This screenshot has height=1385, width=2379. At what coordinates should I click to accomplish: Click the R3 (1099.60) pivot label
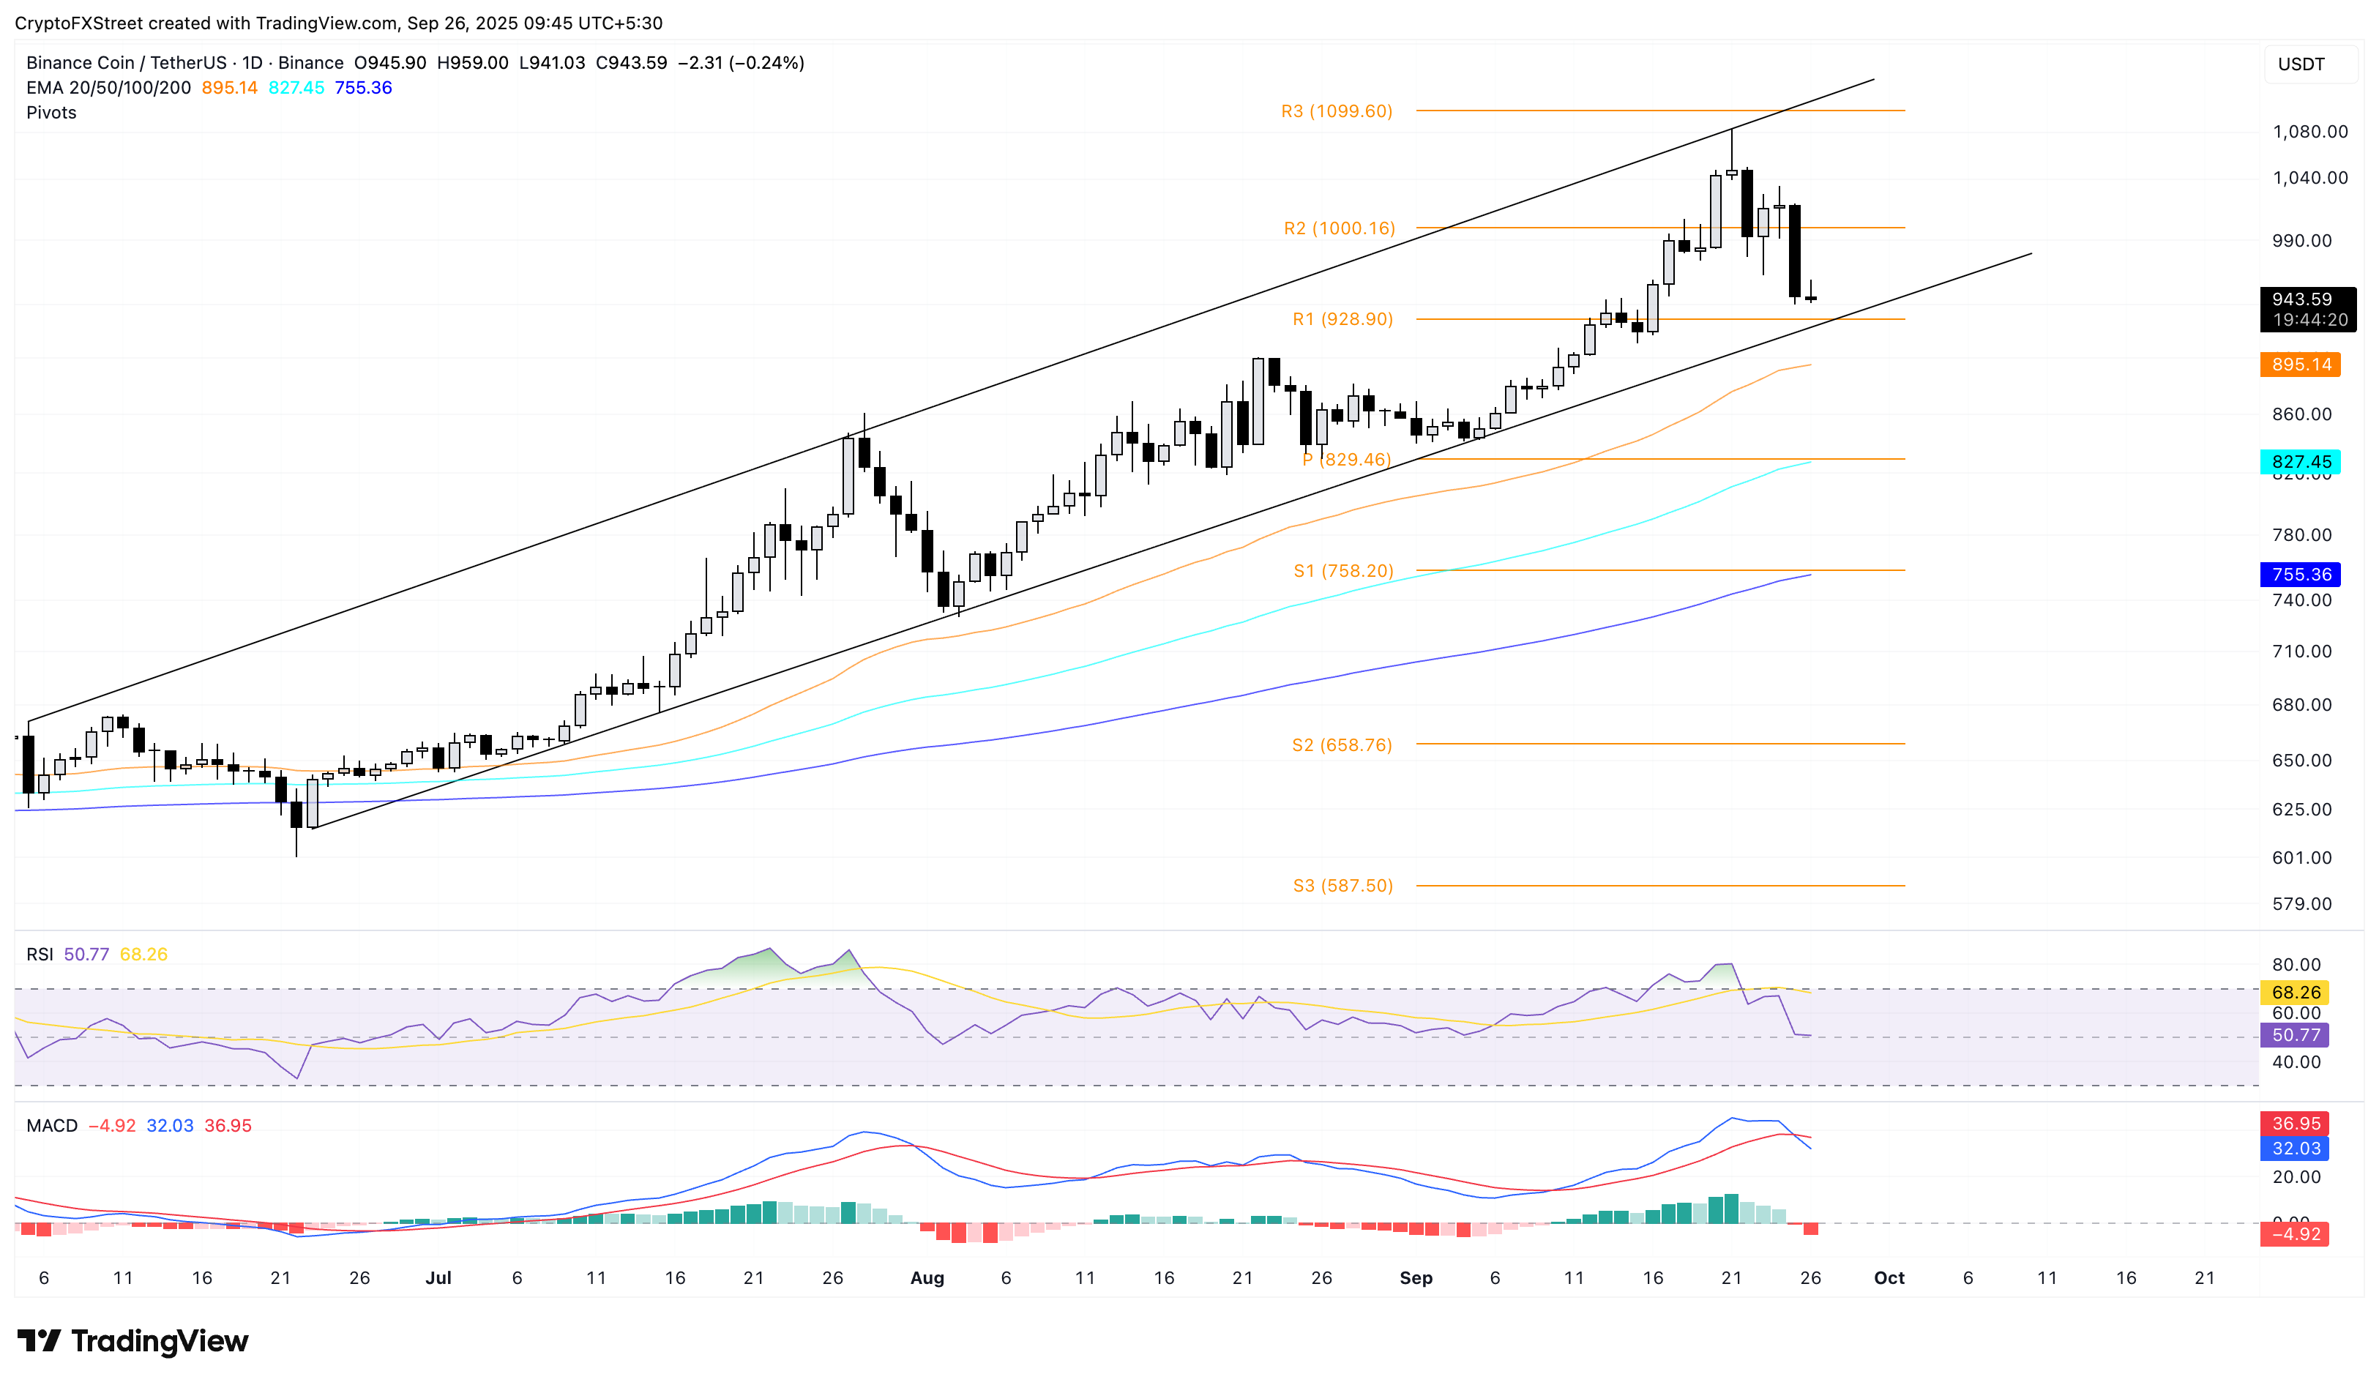click(x=1336, y=111)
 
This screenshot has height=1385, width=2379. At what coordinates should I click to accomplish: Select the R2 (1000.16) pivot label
click(x=1339, y=228)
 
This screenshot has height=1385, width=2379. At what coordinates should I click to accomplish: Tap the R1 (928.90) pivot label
click(x=1342, y=319)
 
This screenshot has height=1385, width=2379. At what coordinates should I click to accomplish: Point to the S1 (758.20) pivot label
click(x=1342, y=571)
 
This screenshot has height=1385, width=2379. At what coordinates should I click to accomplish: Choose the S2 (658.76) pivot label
click(x=1342, y=745)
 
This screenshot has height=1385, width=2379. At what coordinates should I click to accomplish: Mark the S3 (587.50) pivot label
click(x=1342, y=886)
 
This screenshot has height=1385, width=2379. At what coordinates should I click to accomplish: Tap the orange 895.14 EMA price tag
click(x=2300, y=365)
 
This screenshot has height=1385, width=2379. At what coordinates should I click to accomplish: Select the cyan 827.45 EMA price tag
click(x=2300, y=462)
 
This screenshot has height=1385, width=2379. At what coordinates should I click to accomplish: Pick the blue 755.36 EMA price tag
click(x=2300, y=574)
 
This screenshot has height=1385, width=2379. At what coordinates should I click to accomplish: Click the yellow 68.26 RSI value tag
click(x=2295, y=992)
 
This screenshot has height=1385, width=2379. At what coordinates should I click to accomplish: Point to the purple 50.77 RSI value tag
click(x=2295, y=1035)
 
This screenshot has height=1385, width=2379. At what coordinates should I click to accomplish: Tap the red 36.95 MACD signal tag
click(x=2295, y=1124)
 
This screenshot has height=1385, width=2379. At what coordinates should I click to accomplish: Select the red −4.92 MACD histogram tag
click(x=2295, y=1234)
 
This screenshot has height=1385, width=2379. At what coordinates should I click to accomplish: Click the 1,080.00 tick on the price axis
click(x=2309, y=131)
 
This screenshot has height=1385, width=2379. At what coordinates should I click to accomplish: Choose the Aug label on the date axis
click(x=926, y=1277)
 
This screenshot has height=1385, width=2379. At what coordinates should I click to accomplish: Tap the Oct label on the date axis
click(x=1888, y=1277)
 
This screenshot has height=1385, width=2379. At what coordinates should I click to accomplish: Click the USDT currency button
click(x=2301, y=64)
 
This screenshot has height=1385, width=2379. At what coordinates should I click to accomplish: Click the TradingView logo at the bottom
click(x=133, y=1340)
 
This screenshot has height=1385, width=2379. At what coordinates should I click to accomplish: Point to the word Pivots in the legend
click(x=51, y=112)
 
